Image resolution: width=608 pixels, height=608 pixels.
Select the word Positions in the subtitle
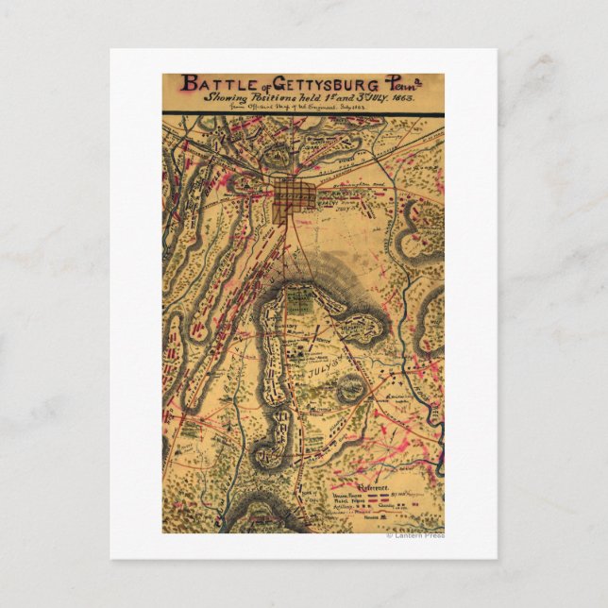click(x=275, y=99)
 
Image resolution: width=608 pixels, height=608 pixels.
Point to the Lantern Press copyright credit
click(x=415, y=535)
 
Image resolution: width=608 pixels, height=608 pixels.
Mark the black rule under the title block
click(x=302, y=114)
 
